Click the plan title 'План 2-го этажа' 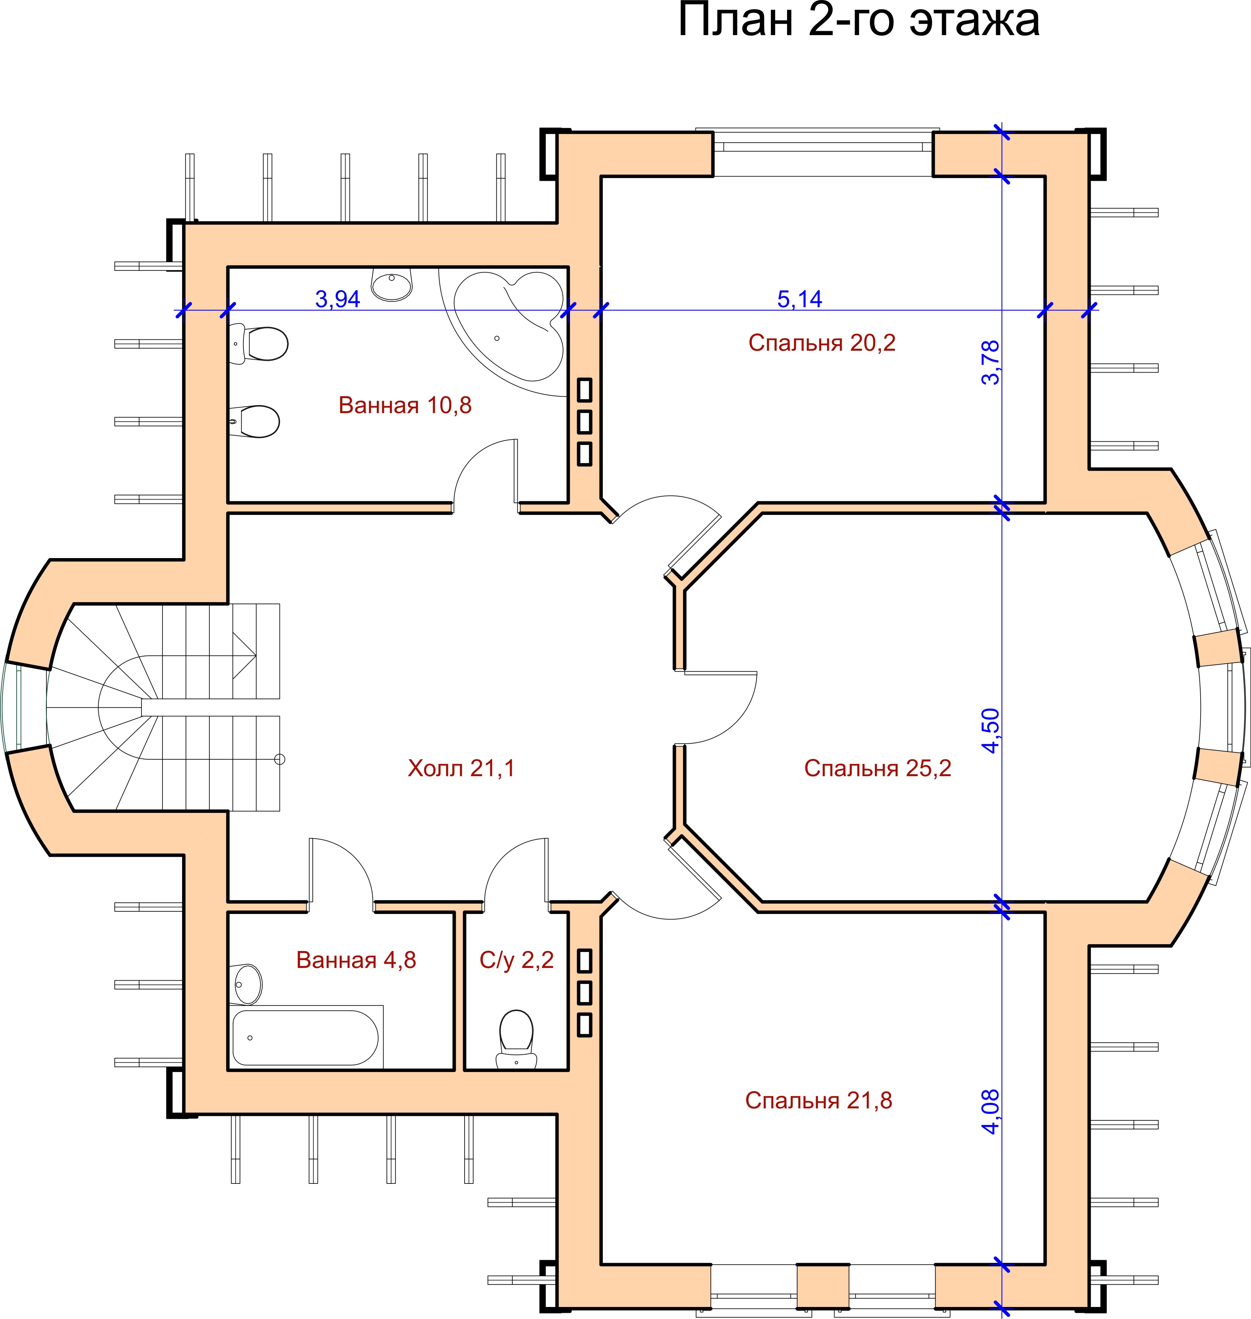click(x=859, y=20)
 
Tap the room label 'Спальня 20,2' click(x=822, y=343)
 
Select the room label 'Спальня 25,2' click(x=877, y=768)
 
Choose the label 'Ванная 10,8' click(x=405, y=405)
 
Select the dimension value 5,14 click(x=799, y=299)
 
